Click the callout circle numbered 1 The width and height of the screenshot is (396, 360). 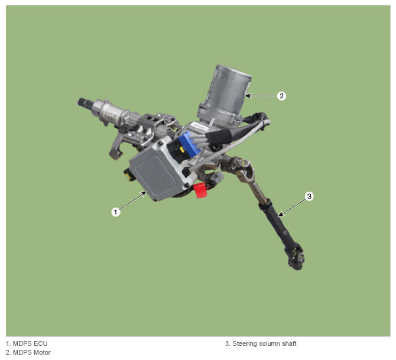click(116, 212)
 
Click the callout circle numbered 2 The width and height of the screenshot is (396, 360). click(281, 96)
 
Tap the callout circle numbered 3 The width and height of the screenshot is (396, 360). click(309, 196)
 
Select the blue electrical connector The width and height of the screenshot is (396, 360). click(189, 144)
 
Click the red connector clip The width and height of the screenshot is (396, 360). click(200, 190)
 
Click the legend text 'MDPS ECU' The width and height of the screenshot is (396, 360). click(30, 343)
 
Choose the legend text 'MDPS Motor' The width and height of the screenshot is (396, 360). click(31, 352)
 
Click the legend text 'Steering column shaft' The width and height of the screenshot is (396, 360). click(264, 343)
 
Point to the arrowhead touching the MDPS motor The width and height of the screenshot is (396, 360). click(248, 96)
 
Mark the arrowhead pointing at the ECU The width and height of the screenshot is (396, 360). click(144, 193)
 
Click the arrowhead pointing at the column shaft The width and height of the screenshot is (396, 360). click(280, 215)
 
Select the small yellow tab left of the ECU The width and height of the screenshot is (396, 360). click(128, 175)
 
